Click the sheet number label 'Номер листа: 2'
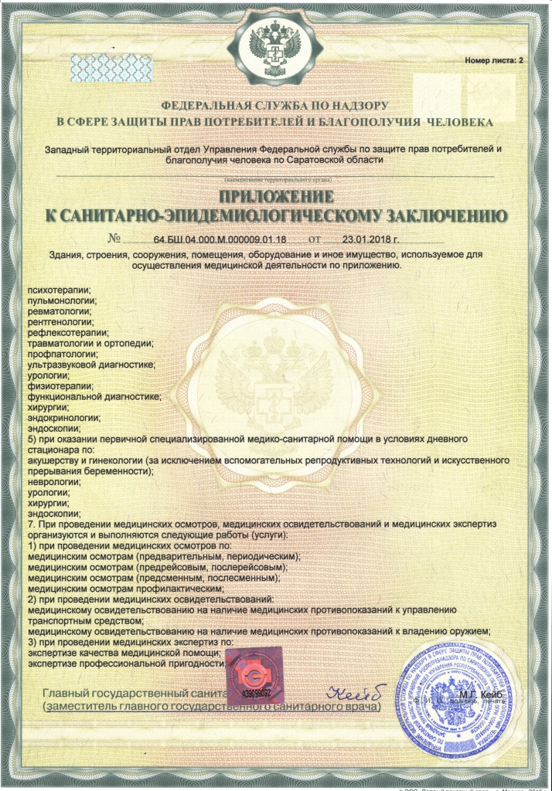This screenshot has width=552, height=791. pos(494,60)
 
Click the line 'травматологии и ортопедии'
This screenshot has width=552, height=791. pos(90,343)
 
